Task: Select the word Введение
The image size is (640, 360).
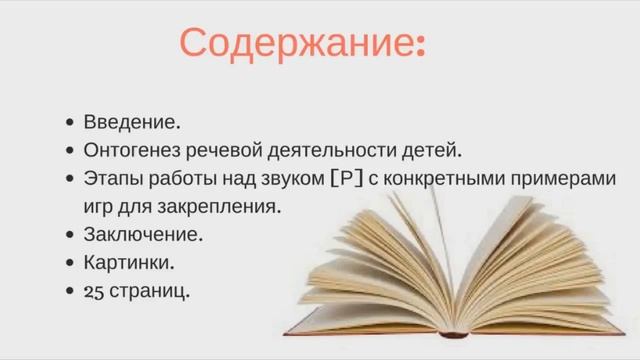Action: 133,123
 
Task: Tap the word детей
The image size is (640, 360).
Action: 431,151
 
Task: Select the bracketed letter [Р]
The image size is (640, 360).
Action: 345,179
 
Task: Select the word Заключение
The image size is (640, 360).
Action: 143,235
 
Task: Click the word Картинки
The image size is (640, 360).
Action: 129,263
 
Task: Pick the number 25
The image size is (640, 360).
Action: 94,291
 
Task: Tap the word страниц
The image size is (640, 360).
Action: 151,291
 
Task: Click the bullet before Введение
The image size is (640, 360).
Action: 69,124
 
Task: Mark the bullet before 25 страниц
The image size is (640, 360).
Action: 69,292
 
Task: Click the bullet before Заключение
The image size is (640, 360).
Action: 69,236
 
